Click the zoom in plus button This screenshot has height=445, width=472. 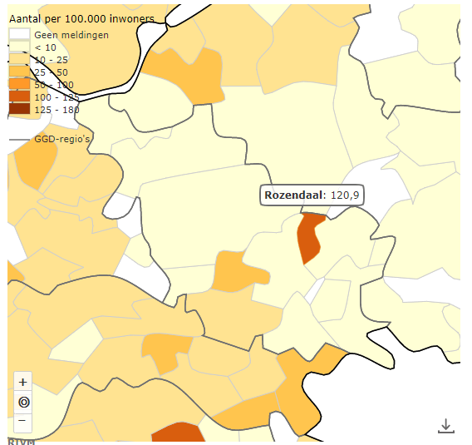[23, 382]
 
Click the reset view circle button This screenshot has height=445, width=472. [23, 402]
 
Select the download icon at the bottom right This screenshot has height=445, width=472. [446, 426]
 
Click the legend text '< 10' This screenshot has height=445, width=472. [45, 48]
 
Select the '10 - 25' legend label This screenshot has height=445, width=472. [52, 61]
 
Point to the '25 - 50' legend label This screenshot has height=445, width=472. [52, 72]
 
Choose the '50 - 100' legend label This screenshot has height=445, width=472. [54, 85]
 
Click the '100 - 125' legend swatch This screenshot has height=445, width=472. [19, 97]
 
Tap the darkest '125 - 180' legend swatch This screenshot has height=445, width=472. [19, 109]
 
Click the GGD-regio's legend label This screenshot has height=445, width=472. [62, 139]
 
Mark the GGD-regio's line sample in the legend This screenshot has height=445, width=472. [19, 139]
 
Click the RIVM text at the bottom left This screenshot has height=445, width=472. [21, 441]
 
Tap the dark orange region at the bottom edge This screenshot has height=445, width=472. [178, 433]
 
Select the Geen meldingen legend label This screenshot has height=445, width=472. [71, 36]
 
